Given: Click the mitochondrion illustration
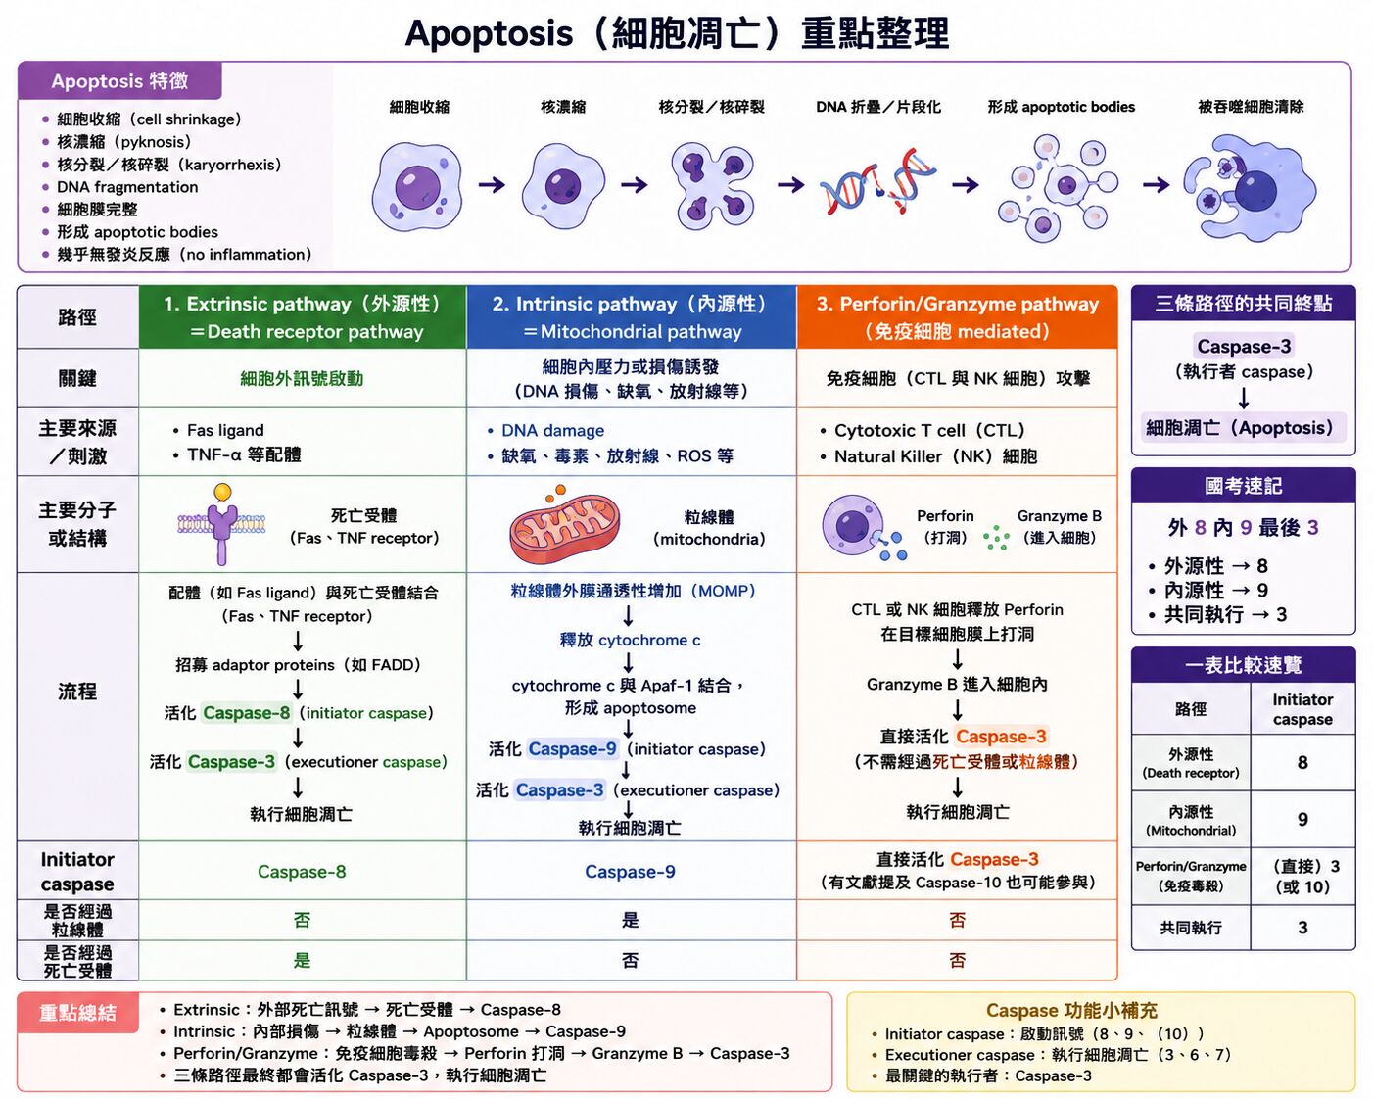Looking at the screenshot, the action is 564,528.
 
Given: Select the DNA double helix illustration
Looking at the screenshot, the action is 877,182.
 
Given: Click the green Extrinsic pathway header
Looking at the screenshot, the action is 303,317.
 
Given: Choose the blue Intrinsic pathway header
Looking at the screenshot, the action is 632,317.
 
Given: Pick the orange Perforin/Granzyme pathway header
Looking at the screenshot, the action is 957,317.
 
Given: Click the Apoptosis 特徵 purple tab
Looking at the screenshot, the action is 119,81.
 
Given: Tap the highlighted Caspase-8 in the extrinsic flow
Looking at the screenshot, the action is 246,712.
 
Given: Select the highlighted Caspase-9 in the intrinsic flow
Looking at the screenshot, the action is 572,748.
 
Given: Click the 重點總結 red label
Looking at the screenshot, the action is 77,1012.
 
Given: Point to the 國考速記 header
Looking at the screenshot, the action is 1243,486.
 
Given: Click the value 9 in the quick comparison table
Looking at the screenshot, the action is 1302,819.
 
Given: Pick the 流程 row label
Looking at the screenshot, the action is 77,692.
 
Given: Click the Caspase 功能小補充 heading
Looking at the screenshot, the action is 1071,1010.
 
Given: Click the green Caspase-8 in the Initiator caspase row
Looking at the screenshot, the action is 302,871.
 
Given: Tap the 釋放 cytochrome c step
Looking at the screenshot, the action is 630,641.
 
